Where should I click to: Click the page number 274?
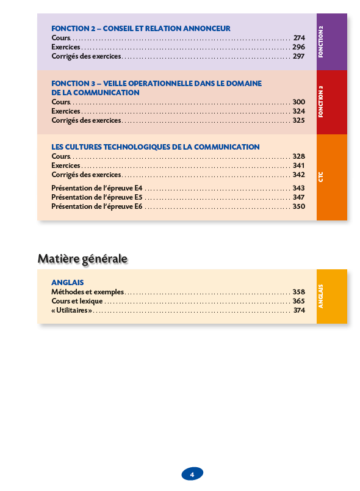click(x=298, y=38)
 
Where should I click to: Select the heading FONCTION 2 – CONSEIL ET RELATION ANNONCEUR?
click(x=141, y=29)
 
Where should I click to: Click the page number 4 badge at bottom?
click(x=192, y=474)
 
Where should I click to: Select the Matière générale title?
click(x=82, y=259)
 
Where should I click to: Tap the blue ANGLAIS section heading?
click(x=67, y=283)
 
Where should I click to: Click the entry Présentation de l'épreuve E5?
click(x=97, y=197)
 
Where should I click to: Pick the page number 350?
click(x=298, y=206)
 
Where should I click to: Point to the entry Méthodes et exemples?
click(x=87, y=292)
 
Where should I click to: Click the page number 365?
click(x=298, y=301)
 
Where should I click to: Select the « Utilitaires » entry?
click(x=72, y=310)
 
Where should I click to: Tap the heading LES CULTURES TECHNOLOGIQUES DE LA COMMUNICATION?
click(x=156, y=147)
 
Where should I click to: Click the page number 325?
click(x=298, y=120)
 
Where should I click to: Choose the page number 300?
click(x=298, y=102)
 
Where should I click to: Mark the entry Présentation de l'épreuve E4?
click(x=97, y=188)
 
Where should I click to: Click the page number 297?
click(x=298, y=56)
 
